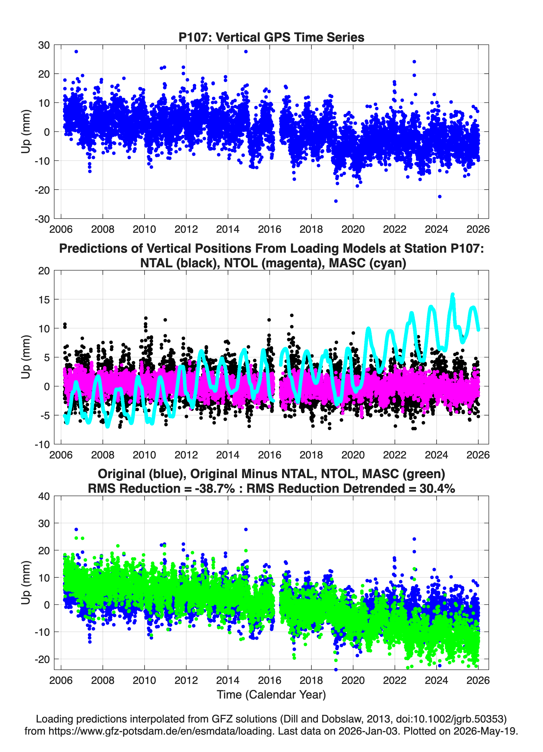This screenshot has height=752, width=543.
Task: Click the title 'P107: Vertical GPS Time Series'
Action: pyautogui.click(x=271, y=37)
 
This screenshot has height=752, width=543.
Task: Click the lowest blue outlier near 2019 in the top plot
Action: pyautogui.click(x=336, y=201)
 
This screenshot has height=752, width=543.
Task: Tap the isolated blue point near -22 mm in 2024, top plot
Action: pyautogui.click(x=440, y=197)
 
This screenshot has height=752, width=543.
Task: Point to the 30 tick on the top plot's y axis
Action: pyautogui.click(x=44, y=45)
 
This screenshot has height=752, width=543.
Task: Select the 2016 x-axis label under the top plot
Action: pyautogui.click(x=269, y=229)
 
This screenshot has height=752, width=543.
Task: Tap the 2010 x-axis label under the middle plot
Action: pyautogui.click(x=144, y=455)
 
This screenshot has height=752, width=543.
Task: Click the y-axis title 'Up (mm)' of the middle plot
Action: pyautogui.click(x=26, y=357)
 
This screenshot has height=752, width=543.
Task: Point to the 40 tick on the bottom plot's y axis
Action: pyautogui.click(x=44, y=496)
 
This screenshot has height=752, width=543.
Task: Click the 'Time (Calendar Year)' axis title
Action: pyautogui.click(x=271, y=695)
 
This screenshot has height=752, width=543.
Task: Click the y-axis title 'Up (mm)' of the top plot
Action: pyautogui.click(x=26, y=132)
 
